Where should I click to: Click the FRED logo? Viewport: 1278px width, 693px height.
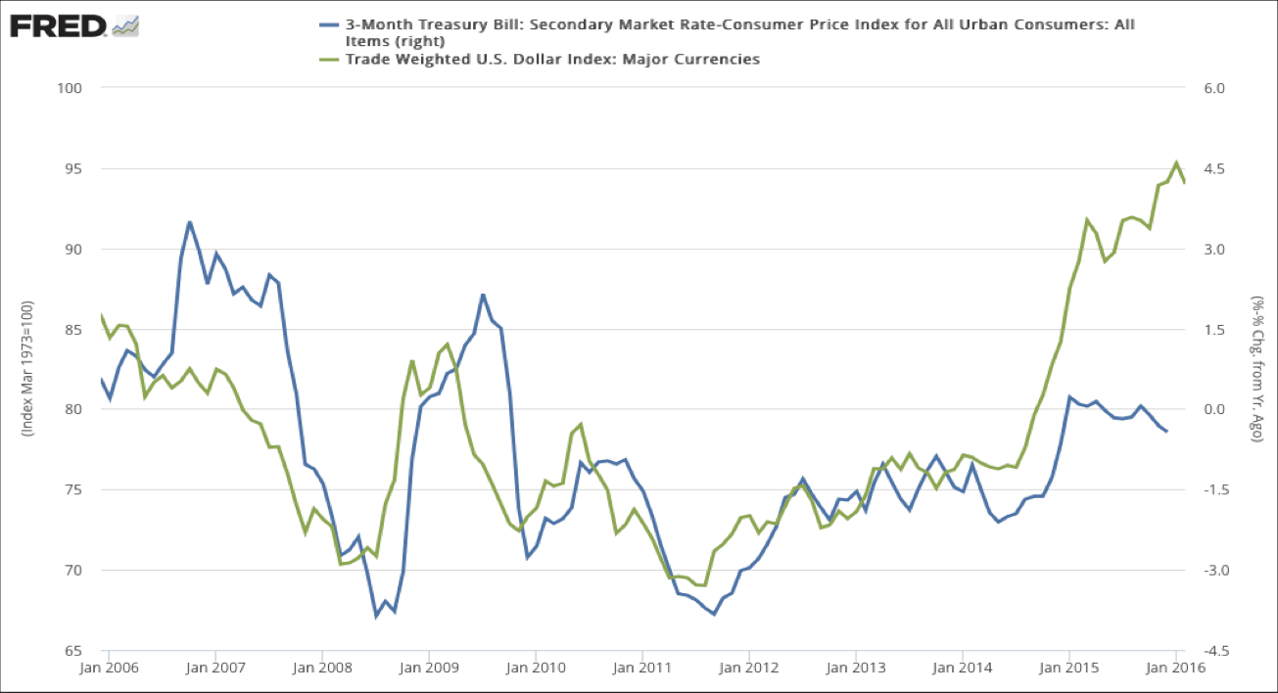coord(58,25)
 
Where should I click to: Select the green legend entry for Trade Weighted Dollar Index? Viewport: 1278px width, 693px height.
coord(547,60)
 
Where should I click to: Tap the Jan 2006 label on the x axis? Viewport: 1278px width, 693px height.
coord(108,672)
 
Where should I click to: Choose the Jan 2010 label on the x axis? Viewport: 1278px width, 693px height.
coord(536,672)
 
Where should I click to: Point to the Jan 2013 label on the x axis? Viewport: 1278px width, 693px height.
coord(856,672)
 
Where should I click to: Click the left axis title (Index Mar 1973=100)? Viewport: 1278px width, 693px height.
coord(28,369)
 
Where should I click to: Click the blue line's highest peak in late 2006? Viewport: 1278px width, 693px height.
coord(189,222)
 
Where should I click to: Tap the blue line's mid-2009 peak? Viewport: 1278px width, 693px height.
coord(483,295)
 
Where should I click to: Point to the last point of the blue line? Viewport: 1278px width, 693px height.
coord(1166,432)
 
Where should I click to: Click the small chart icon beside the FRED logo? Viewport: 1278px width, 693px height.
coord(125,25)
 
